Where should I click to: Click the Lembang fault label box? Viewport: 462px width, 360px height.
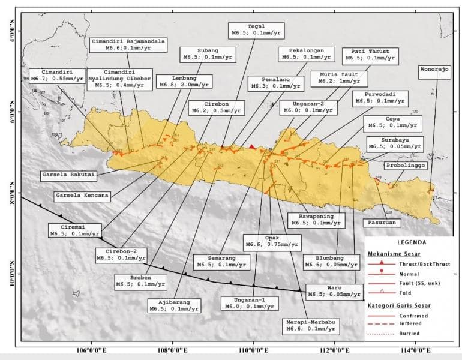tap(184, 82)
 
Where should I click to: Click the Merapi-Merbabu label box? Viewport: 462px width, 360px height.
tap(310, 325)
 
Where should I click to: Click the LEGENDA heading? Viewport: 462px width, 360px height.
tap(411, 243)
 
